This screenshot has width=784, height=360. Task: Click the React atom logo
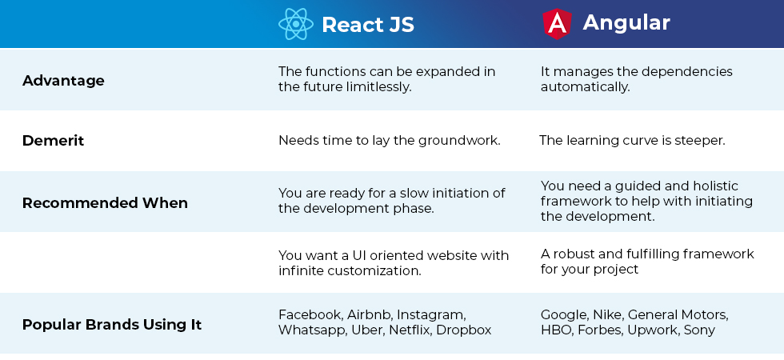point(296,23)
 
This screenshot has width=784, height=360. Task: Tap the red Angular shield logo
point(557,23)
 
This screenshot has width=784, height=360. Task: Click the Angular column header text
point(626,22)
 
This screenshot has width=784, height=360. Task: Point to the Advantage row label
point(63,81)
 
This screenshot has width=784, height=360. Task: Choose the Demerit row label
point(53,141)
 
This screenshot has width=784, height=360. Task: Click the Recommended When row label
point(105,203)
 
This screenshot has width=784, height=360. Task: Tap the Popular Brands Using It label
point(112,325)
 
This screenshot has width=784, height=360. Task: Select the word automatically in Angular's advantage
point(585,87)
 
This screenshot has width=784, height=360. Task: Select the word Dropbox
point(464,330)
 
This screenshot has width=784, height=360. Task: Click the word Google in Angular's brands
point(565,315)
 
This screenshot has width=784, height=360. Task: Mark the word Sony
point(699,330)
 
